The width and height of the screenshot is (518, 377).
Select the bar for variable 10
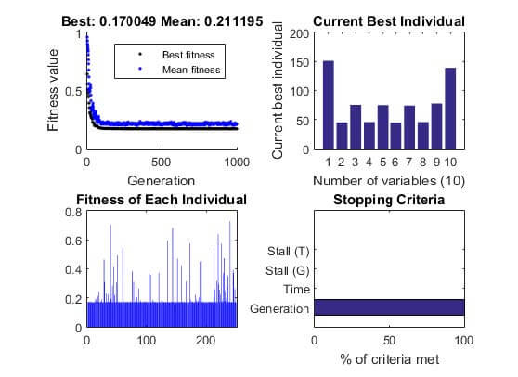pyautogui.click(x=450, y=109)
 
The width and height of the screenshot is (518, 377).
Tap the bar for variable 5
pyautogui.click(x=382, y=127)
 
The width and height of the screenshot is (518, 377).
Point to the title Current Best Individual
pyautogui.click(x=389, y=21)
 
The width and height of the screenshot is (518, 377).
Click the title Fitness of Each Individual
pyautogui.click(x=162, y=200)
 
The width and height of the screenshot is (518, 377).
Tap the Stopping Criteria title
pyautogui.click(x=389, y=200)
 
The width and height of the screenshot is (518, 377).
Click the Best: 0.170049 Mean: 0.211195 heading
pyautogui.click(x=162, y=21)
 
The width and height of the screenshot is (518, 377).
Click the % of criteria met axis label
pyautogui.click(x=389, y=357)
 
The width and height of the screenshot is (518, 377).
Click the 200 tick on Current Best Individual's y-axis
pyautogui.click(x=298, y=33)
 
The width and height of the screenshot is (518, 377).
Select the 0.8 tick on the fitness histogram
pyautogui.click(x=72, y=212)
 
